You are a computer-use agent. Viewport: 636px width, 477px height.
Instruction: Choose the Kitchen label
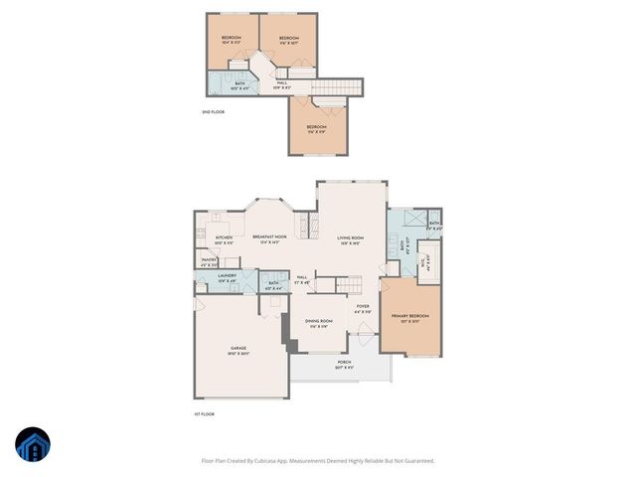(x=224, y=239)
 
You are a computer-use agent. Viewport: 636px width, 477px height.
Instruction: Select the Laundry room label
(x=228, y=279)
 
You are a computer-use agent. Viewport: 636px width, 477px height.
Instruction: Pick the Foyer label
(x=364, y=309)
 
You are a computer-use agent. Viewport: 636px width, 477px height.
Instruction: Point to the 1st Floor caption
(x=204, y=413)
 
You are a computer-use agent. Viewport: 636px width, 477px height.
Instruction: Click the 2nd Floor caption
(x=213, y=112)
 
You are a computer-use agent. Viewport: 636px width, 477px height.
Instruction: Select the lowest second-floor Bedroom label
(x=316, y=129)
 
